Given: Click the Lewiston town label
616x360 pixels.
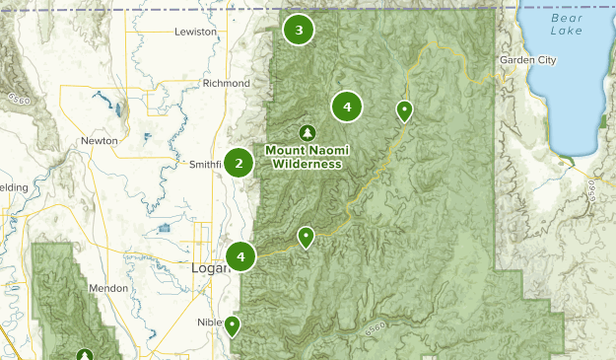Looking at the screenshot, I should pos(194,32).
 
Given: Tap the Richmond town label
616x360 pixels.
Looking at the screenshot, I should pos(226,83).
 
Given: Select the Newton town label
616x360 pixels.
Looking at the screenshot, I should pos(100,141).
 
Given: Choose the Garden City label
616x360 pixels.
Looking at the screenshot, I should pos(527,60).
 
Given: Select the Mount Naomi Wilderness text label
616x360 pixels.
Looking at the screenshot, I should pos(308,157).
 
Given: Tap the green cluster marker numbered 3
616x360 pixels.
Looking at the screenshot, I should pos(299,30).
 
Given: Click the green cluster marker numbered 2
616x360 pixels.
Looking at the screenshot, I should pos(239,163).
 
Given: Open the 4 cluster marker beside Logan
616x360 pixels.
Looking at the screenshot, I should pos(240,256).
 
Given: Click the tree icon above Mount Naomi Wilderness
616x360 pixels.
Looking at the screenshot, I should pos(308,132).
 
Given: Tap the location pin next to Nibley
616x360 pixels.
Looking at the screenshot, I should pos(233,324).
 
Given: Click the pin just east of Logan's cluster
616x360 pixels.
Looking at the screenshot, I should pos(307,236).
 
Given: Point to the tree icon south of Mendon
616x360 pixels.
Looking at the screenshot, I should pos(86,354).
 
